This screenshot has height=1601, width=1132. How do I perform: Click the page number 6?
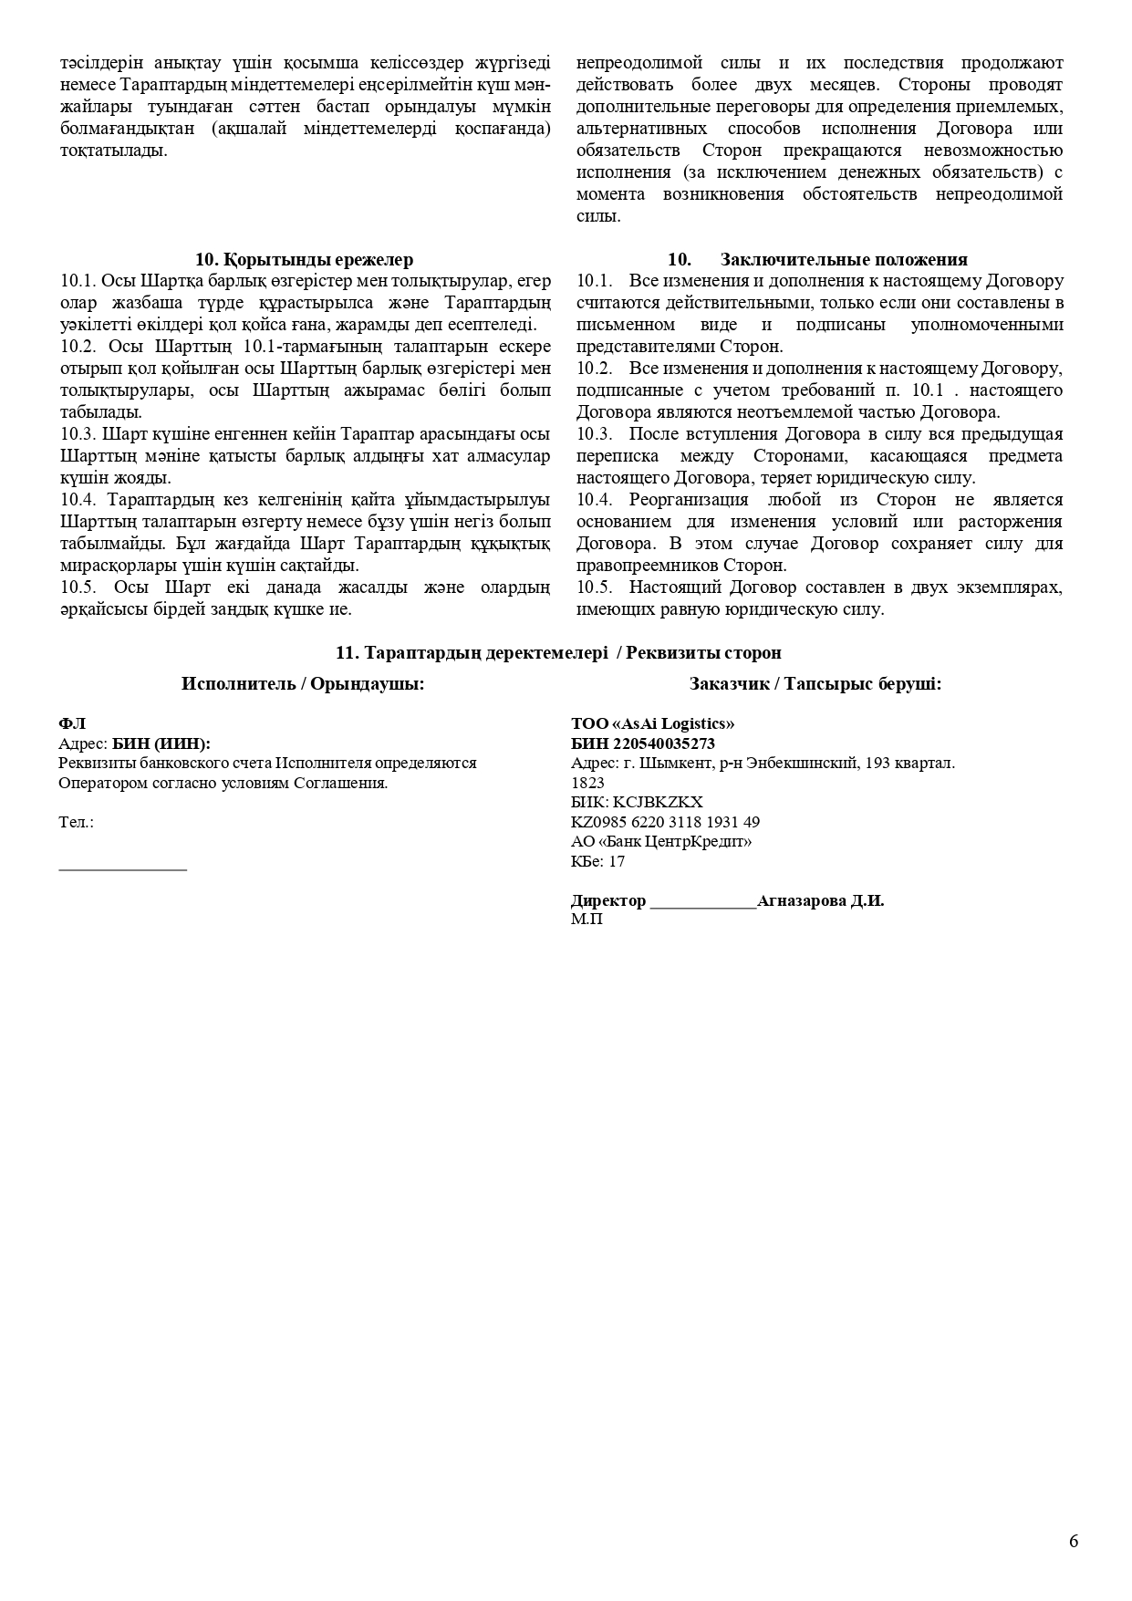(x=1074, y=1541)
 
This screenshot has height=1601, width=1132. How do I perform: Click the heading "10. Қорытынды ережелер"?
(x=304, y=260)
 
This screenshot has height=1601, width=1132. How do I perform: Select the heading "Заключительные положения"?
(x=844, y=260)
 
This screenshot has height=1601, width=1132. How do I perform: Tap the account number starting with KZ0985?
(x=665, y=822)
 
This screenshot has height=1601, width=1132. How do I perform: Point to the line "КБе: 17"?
(x=597, y=861)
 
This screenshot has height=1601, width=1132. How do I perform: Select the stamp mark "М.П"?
(x=587, y=920)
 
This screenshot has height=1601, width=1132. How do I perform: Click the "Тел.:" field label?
(x=76, y=822)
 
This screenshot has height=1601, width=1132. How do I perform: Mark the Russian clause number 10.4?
(x=593, y=500)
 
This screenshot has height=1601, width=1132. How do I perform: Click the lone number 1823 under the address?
(x=587, y=783)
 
